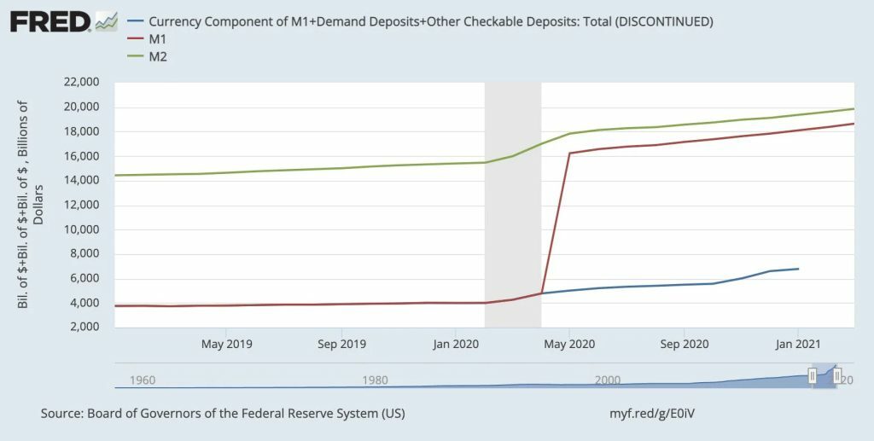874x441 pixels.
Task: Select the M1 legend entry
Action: point(160,39)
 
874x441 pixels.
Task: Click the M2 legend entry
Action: point(160,56)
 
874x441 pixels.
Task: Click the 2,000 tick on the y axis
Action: point(84,328)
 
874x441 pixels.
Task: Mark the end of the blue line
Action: point(798,269)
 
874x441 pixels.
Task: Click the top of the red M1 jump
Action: point(569,154)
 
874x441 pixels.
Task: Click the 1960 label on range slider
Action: point(142,380)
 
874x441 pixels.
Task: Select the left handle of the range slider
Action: point(813,375)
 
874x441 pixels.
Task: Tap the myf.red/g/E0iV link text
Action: point(656,414)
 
